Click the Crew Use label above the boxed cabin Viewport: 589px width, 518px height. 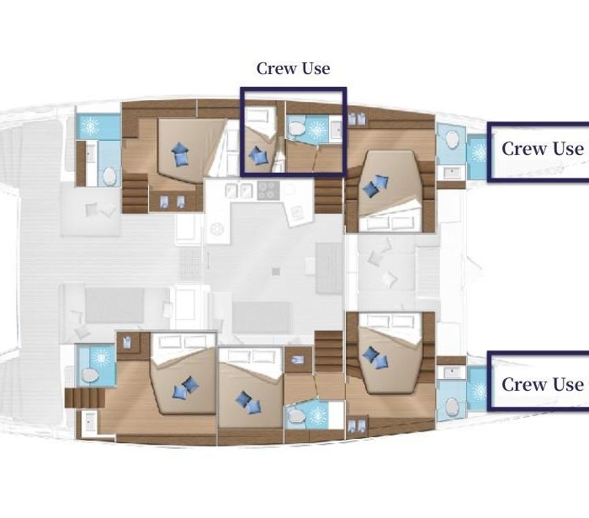(x=294, y=69)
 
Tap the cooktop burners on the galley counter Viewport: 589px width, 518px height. (x=268, y=190)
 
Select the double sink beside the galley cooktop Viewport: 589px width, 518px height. (x=238, y=190)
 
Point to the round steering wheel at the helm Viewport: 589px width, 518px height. (x=216, y=228)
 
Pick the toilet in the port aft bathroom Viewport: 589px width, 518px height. (x=109, y=176)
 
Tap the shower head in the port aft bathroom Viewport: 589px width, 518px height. (x=90, y=126)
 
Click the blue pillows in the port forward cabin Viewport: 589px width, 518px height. (x=376, y=186)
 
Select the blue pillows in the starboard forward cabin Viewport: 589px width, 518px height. (x=375, y=357)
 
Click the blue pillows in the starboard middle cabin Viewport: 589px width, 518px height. (x=248, y=403)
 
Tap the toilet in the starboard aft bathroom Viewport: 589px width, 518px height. (x=90, y=375)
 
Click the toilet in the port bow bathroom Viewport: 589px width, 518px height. (x=453, y=139)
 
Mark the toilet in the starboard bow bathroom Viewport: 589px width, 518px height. (x=453, y=407)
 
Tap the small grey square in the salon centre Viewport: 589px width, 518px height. (x=276, y=271)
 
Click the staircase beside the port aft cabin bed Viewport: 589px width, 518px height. (x=135, y=193)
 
